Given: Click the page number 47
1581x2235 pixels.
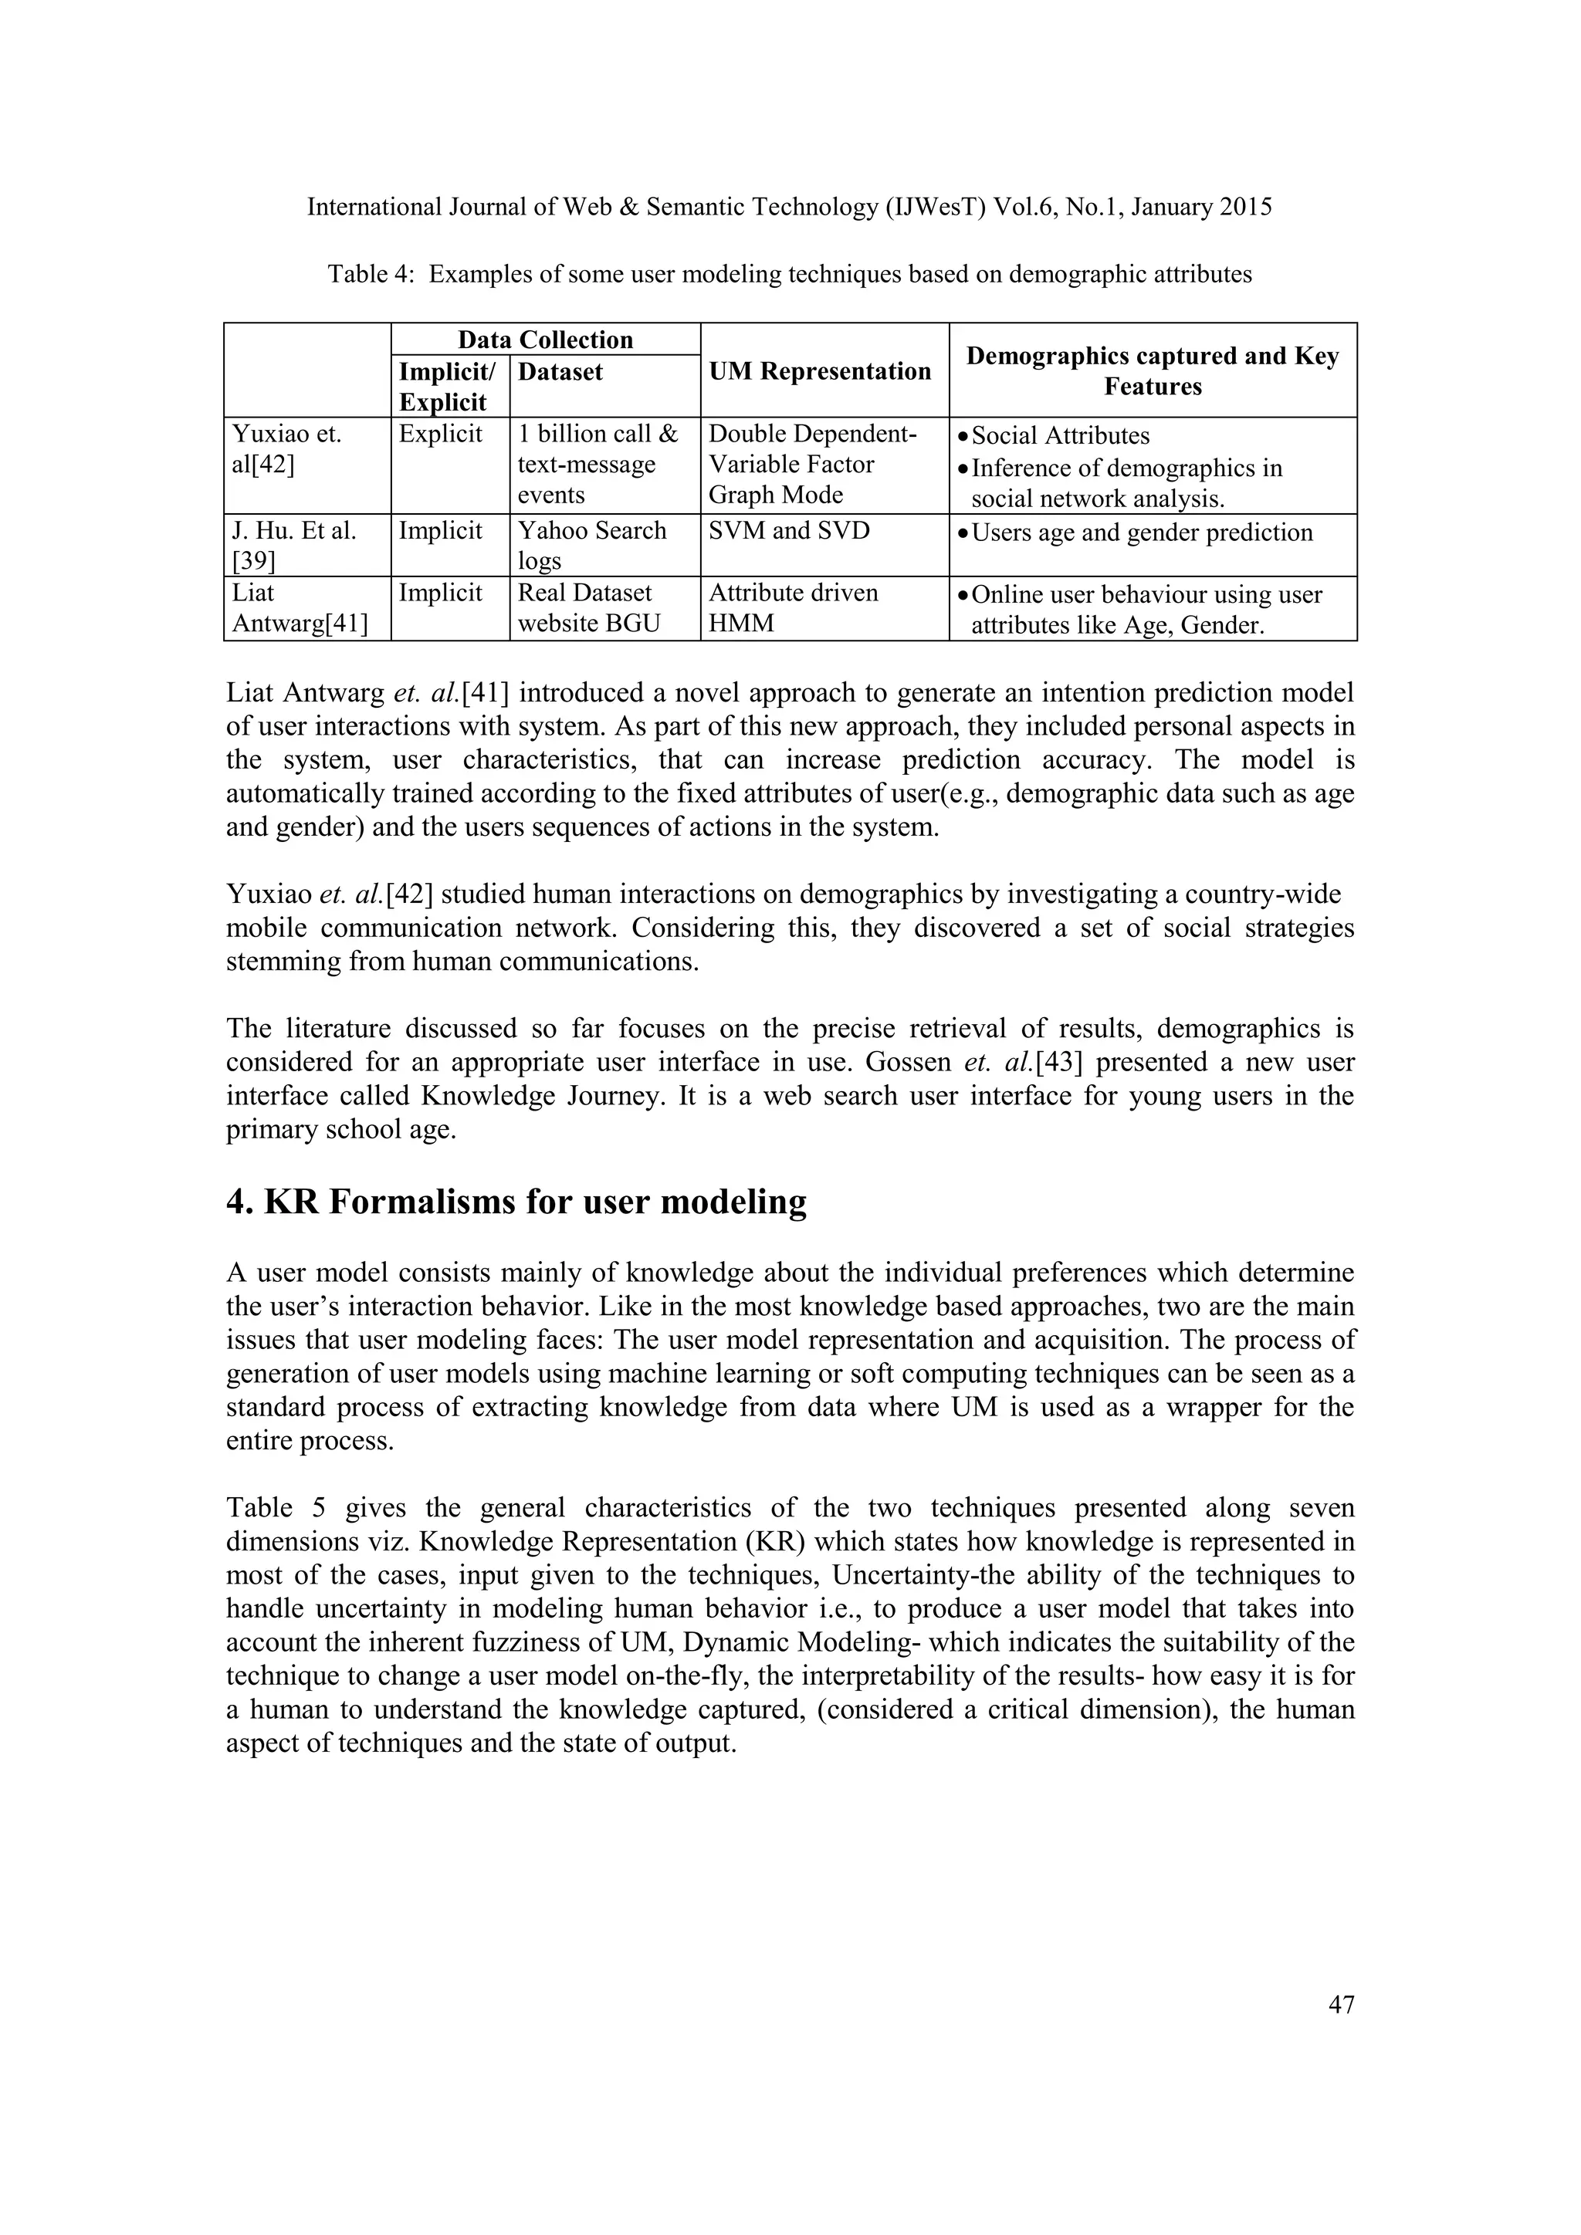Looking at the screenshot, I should [1341, 2004].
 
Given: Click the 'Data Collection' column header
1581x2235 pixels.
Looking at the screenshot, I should [545, 340].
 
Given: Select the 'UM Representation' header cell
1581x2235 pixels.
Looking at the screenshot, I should [820, 371].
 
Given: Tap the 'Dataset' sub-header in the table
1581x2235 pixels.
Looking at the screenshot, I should [560, 372].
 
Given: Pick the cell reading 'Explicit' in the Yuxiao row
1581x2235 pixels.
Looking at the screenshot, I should [440, 434].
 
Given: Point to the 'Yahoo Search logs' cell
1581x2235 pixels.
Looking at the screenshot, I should [592, 545].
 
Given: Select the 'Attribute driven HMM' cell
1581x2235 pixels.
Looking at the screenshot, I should [793, 607].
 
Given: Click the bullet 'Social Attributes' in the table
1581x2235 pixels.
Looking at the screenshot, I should [1059, 435].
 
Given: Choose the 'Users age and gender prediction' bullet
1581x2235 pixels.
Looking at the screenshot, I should [1141, 533].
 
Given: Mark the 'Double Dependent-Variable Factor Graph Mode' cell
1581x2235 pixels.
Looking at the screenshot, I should [812, 465].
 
